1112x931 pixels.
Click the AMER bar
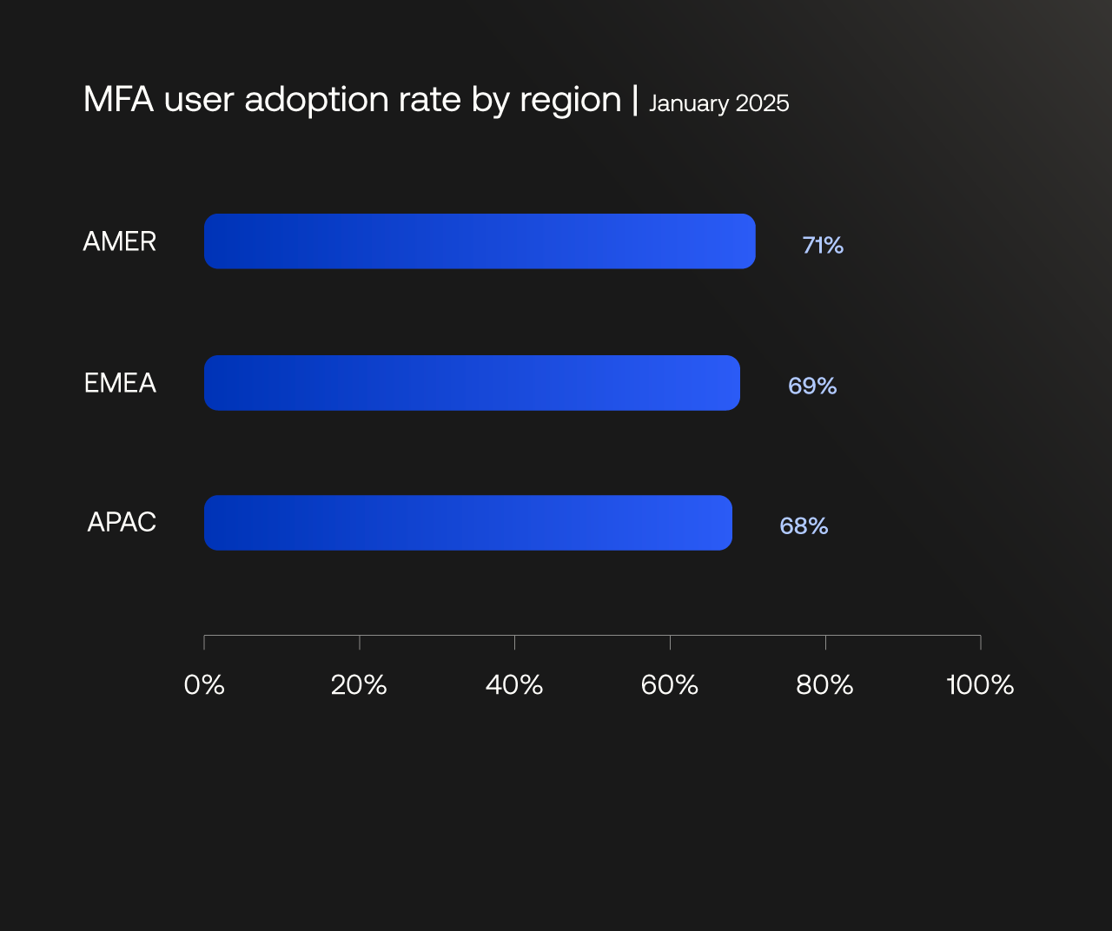480,241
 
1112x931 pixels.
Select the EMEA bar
472,383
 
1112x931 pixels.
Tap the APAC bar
468,523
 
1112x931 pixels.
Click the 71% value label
823,246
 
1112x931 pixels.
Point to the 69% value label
812,386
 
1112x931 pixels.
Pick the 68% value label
804,526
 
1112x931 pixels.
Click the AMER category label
120,241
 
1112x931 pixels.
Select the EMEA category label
120,383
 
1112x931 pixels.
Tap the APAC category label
122,522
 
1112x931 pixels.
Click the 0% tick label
204,685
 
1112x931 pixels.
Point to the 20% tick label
359,685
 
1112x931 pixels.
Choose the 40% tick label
514,685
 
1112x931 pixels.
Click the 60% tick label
670,685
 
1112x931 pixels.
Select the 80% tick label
824,685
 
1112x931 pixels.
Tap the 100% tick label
980,685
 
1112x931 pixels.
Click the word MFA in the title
118,100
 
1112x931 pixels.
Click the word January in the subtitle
689,104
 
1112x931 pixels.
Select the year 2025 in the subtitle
762,103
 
